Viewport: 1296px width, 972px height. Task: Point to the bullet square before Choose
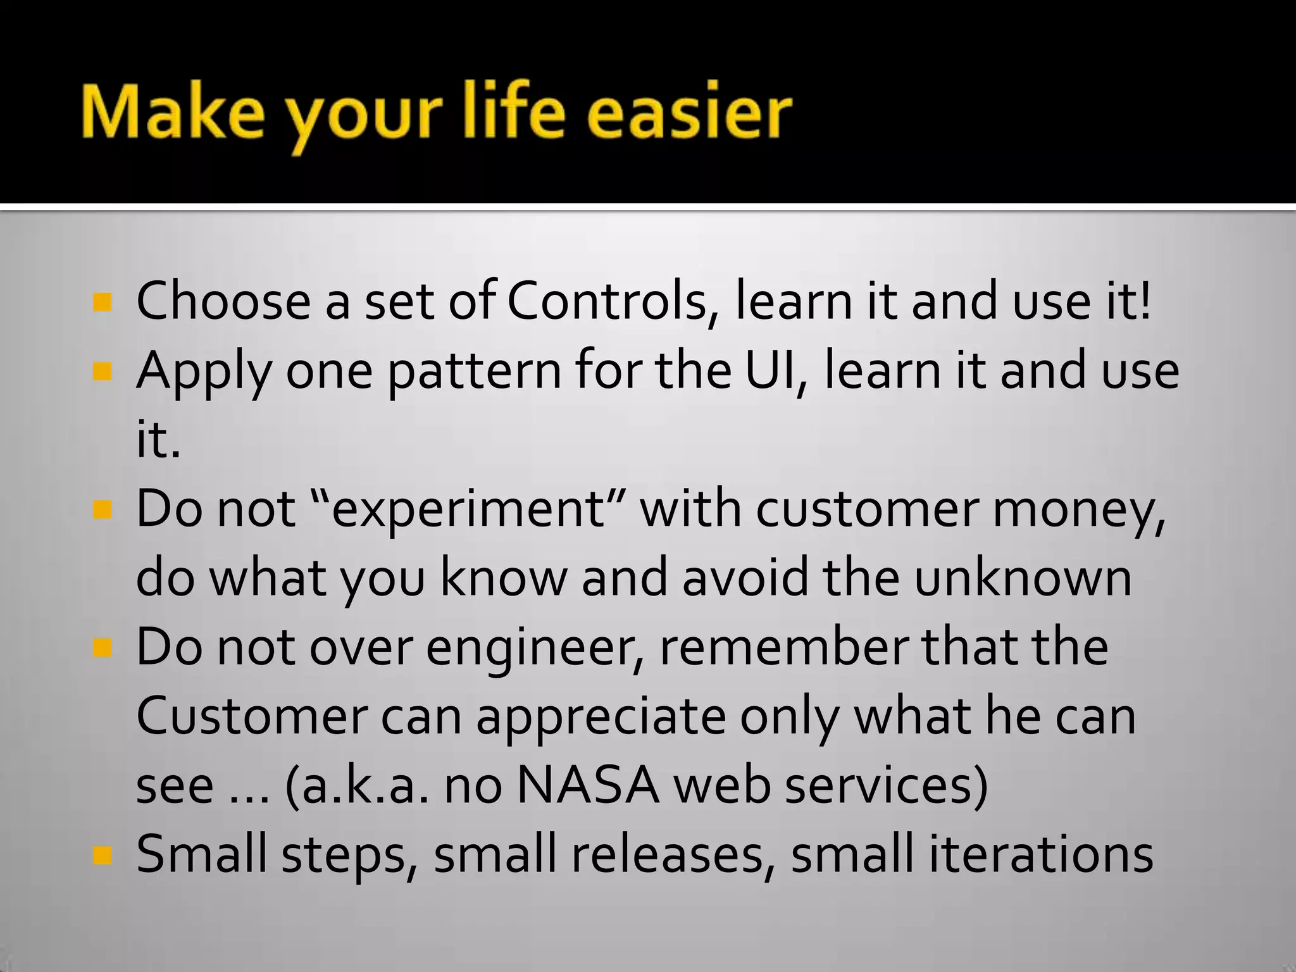point(102,302)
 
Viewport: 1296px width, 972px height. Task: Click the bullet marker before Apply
point(102,371)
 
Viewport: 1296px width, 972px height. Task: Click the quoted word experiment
point(468,510)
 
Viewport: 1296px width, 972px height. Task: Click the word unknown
point(1023,578)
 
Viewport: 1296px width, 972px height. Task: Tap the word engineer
point(535,649)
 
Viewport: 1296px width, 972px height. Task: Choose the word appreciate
point(601,719)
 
